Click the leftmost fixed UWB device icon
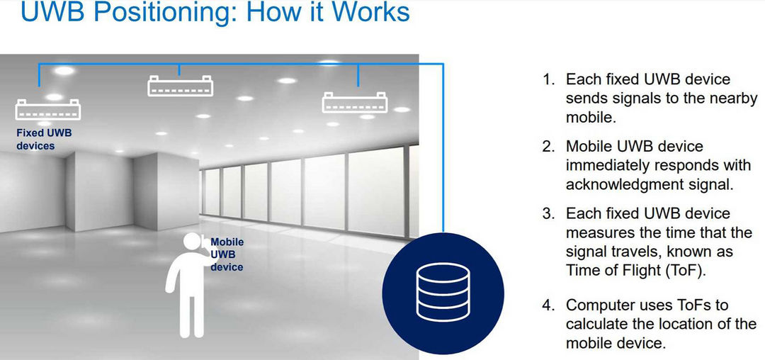48,109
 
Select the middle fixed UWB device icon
180,85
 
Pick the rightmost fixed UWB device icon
355,102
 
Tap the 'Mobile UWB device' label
227,254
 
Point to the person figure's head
192,242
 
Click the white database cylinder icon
443,292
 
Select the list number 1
549,79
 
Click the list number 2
548,147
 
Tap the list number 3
548,213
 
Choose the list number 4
548,305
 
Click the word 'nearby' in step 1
733,99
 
